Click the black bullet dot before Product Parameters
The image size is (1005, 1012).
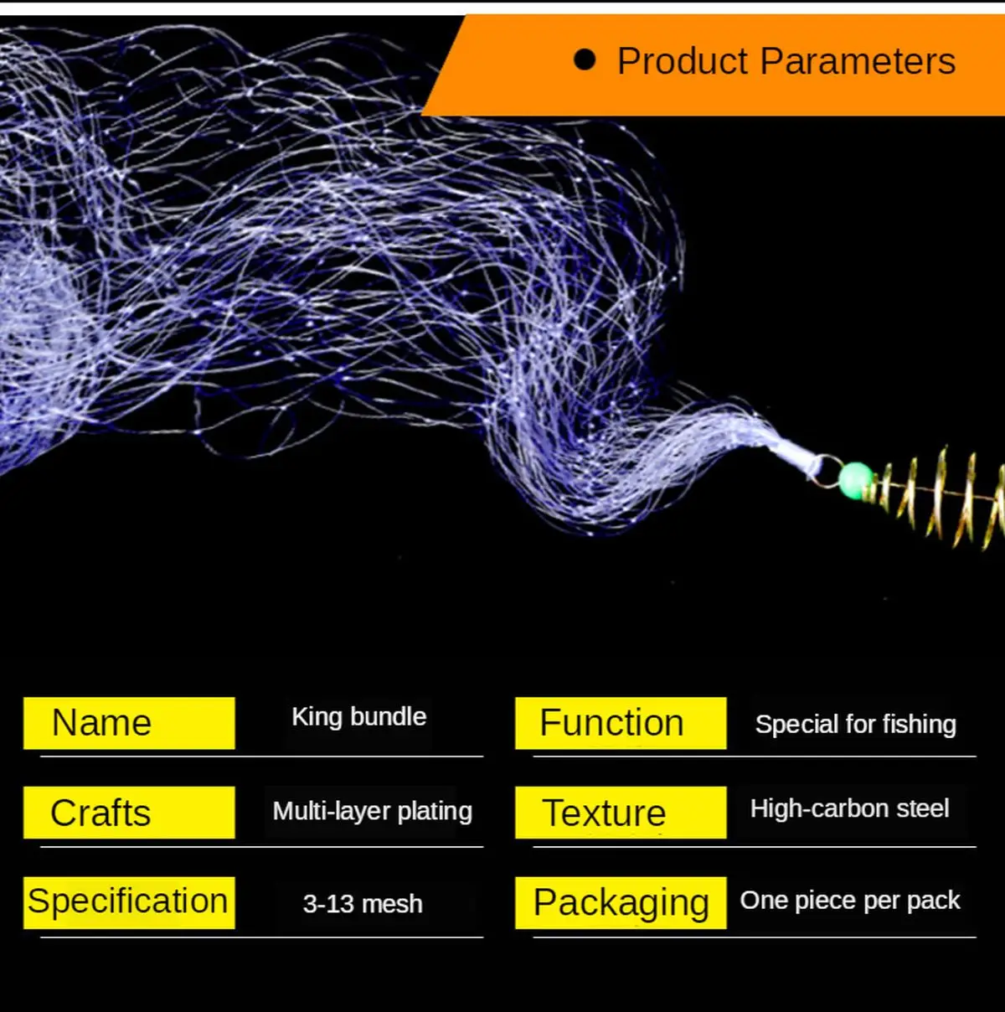pyautogui.click(x=585, y=60)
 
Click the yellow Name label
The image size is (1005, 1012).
pyautogui.click(x=129, y=723)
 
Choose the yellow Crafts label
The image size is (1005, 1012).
pyautogui.click(x=129, y=813)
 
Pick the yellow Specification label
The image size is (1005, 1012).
pyautogui.click(x=129, y=902)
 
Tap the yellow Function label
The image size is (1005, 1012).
pyautogui.click(x=621, y=723)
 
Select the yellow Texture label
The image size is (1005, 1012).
pyautogui.click(x=621, y=813)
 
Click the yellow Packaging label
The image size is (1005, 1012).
pyautogui.click(x=621, y=902)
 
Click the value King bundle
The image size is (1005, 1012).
pyautogui.click(x=358, y=717)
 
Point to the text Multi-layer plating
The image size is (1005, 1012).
pyautogui.click(x=372, y=811)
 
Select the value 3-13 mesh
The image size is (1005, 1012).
pyautogui.click(x=363, y=904)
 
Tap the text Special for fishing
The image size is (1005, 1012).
pyautogui.click(x=855, y=725)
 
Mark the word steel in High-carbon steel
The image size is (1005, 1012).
pyautogui.click(x=922, y=808)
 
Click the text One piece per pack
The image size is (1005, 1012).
pyautogui.click(x=850, y=901)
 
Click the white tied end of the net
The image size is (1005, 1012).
pyautogui.click(x=791, y=453)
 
